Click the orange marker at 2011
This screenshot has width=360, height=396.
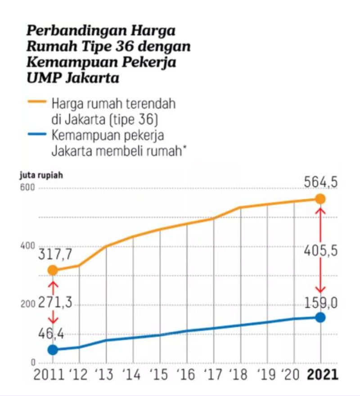(53, 270)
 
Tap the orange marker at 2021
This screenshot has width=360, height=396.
(320, 199)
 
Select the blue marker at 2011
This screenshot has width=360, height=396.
(53, 350)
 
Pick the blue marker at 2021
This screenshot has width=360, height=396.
(320, 317)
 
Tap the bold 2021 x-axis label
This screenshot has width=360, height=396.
(321, 375)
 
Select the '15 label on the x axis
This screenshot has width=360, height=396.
(159, 375)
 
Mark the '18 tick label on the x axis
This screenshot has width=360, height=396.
(239, 375)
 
